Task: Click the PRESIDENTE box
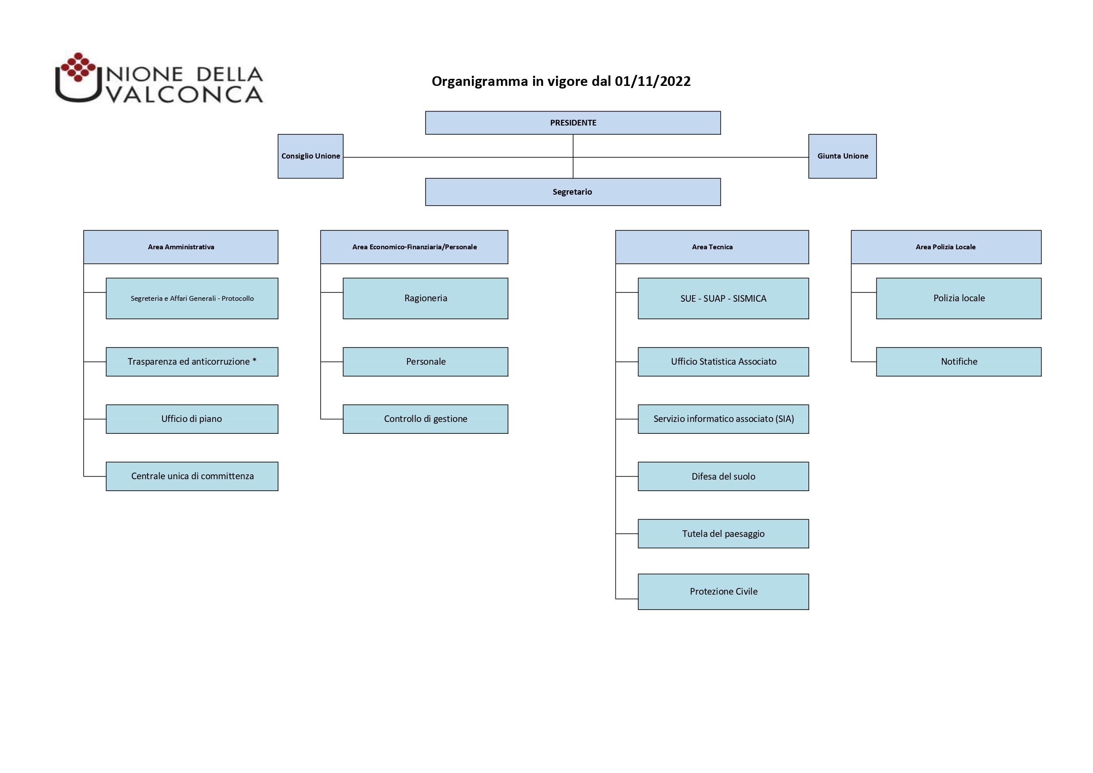click(573, 123)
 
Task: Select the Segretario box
click(573, 192)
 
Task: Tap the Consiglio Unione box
click(311, 156)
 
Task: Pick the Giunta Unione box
click(842, 156)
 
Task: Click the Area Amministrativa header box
click(181, 247)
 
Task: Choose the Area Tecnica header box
click(712, 247)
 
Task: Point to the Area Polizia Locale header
click(946, 247)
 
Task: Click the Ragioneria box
click(426, 299)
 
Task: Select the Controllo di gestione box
click(426, 419)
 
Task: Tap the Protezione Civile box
click(723, 592)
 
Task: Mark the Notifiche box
click(959, 362)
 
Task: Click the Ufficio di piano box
click(192, 419)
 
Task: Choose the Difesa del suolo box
click(723, 477)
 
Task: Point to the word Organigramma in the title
click(480, 82)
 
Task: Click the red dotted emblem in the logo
click(78, 67)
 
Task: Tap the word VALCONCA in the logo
click(185, 94)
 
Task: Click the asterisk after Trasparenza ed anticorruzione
click(255, 360)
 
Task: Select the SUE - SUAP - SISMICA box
click(723, 299)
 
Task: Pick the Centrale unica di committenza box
click(192, 477)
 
